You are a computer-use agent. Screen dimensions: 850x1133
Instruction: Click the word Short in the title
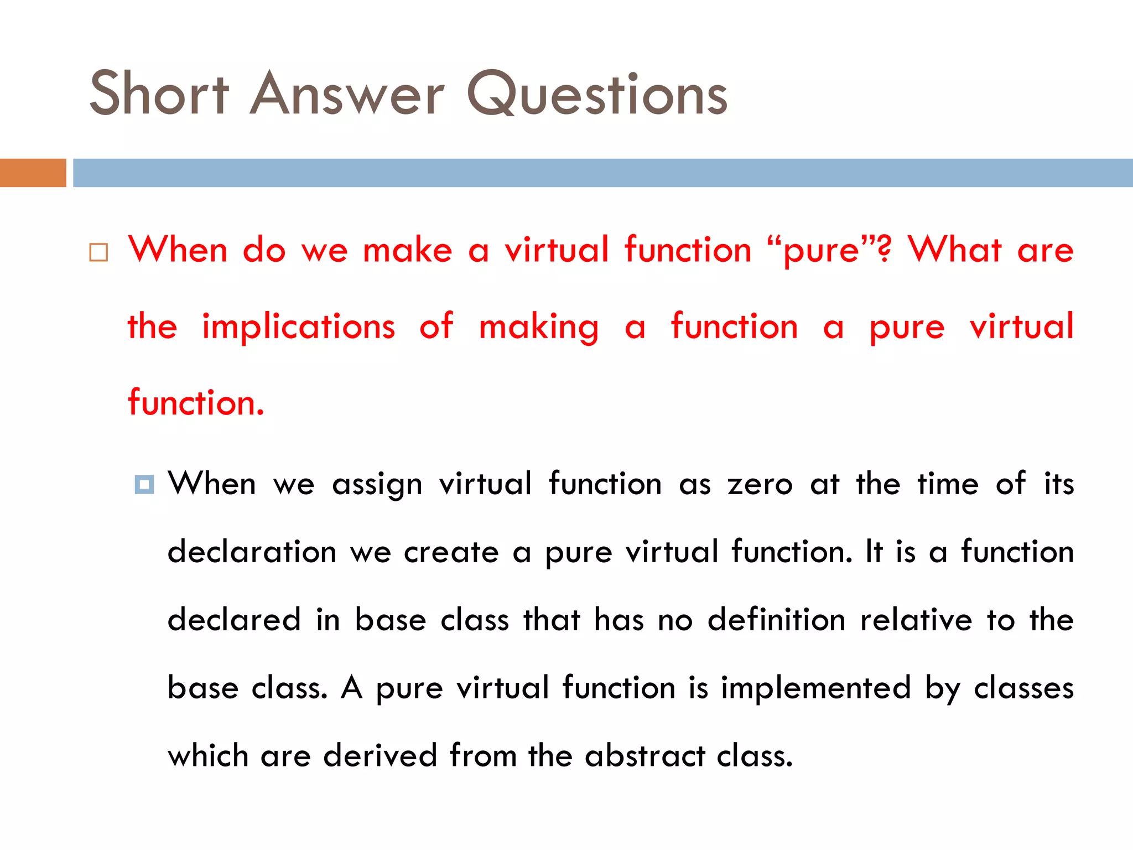coord(159,94)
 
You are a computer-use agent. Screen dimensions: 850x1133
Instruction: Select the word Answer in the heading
coord(347,94)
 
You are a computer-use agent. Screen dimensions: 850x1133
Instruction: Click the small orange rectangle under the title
coord(33,173)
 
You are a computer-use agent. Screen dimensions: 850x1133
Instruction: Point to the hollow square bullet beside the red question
coord(98,252)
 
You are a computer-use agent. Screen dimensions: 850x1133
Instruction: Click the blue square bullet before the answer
coord(144,485)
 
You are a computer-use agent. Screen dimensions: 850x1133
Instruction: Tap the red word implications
coord(299,326)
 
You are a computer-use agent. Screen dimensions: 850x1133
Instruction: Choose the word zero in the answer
coord(760,484)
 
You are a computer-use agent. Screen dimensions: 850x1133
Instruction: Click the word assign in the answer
coord(377,485)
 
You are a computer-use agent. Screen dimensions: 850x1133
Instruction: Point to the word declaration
coord(252,552)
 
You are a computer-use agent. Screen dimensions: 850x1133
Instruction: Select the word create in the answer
coord(451,552)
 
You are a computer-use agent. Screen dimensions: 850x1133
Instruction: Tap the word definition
coord(776,619)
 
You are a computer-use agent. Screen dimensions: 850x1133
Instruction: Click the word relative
coord(916,619)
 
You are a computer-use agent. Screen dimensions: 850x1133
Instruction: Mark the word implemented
coord(815,688)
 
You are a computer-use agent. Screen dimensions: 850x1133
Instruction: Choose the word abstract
coord(645,755)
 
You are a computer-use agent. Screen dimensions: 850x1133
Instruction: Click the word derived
coord(380,755)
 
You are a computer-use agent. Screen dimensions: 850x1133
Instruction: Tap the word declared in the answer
coord(234,619)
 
